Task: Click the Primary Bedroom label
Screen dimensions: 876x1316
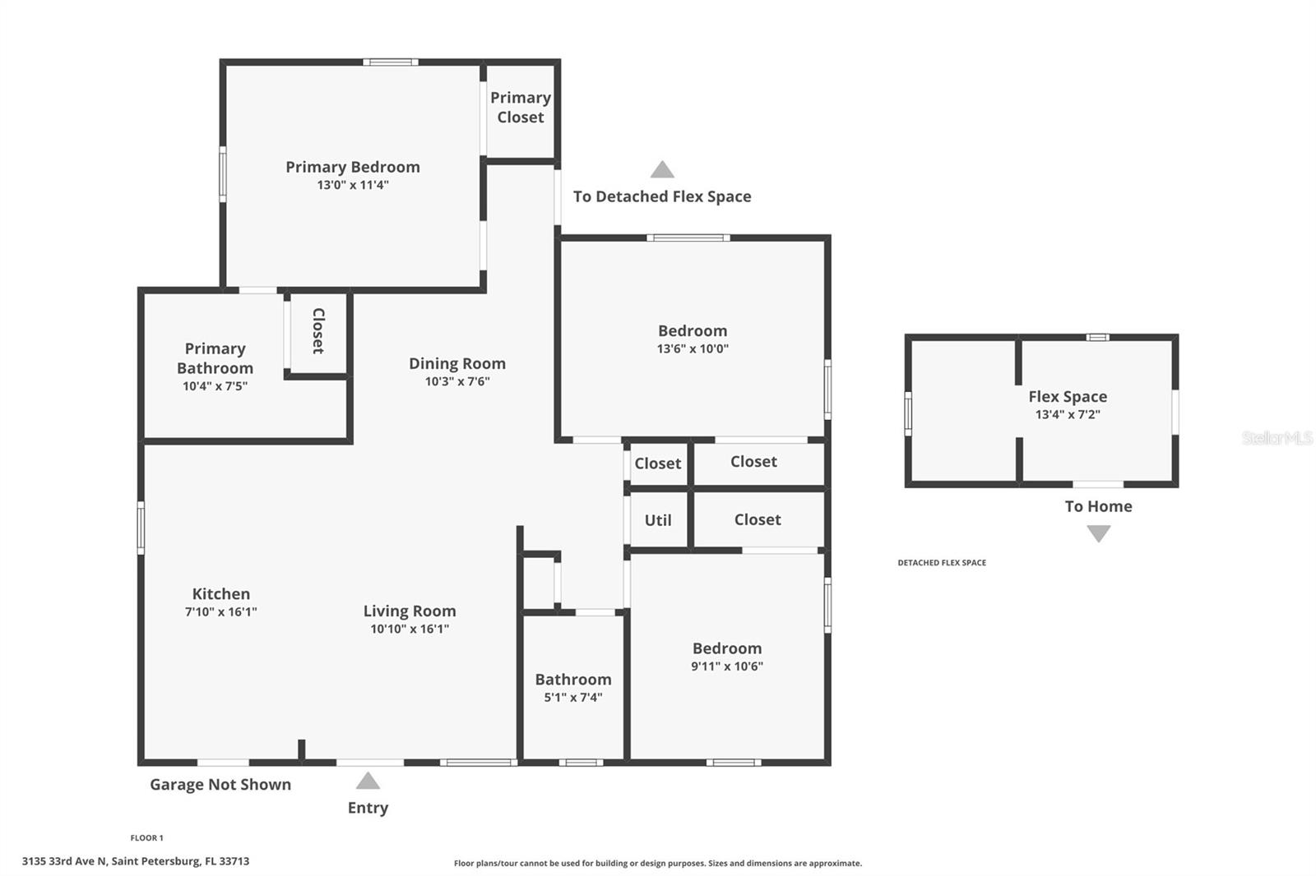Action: coord(352,167)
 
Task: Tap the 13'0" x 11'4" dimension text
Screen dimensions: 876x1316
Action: coord(352,185)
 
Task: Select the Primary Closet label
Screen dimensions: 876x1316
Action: coord(520,108)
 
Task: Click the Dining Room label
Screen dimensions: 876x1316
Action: coord(456,363)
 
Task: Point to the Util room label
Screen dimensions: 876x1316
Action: coord(657,520)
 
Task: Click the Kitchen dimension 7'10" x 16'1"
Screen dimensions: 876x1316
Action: coord(220,612)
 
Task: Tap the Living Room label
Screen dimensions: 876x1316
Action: coord(409,611)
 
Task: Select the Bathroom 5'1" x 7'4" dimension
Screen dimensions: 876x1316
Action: coord(572,698)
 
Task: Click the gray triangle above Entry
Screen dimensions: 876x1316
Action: coord(368,781)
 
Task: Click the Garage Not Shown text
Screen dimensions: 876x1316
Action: coord(220,784)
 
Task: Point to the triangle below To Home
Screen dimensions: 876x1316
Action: coord(1098,534)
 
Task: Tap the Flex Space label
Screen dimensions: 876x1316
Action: coord(1067,396)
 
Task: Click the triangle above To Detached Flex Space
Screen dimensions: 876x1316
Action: coord(662,170)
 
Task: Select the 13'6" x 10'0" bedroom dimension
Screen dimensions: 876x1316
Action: coord(692,348)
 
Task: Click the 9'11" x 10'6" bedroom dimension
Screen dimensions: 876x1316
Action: coord(726,666)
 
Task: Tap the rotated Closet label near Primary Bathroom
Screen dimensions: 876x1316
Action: coord(318,331)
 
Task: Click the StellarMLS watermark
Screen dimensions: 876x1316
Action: coord(1277,438)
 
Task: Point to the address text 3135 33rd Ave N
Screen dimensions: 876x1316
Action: coord(136,861)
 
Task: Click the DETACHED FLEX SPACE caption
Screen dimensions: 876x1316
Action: coord(942,563)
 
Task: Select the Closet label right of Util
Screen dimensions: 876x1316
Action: coord(757,519)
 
